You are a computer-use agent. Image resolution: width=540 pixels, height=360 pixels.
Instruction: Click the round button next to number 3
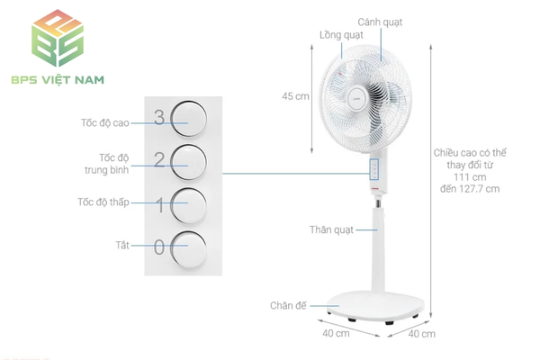[x=189, y=118]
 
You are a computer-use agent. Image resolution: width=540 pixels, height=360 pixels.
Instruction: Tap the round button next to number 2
[x=189, y=162]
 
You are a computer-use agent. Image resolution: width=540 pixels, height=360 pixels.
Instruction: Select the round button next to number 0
[x=189, y=249]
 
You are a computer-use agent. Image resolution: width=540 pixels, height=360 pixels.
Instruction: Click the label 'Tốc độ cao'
[x=105, y=123]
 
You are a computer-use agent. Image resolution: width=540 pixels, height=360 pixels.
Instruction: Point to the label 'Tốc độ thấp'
[x=103, y=202]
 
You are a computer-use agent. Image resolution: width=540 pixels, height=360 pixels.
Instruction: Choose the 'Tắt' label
[x=122, y=245]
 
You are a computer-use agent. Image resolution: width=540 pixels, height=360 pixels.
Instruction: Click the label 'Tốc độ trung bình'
[x=107, y=164]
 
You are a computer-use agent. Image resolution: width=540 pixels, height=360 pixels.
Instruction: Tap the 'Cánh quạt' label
[x=380, y=22]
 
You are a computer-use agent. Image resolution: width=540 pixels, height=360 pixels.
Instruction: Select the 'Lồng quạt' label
[x=341, y=35]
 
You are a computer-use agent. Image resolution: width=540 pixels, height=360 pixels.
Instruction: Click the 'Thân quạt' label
[x=331, y=229]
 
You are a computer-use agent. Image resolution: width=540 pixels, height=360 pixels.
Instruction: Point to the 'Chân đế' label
[x=288, y=306]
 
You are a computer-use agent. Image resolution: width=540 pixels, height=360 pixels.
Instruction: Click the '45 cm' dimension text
[x=295, y=96]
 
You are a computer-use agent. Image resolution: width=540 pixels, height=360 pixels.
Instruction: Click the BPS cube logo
[x=58, y=38]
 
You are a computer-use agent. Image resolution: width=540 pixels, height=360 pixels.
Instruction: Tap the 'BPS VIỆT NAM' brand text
[x=58, y=80]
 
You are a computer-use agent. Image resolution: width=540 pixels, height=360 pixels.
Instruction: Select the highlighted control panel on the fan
[x=374, y=169]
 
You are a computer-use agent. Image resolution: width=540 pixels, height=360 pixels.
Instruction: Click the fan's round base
[x=375, y=306]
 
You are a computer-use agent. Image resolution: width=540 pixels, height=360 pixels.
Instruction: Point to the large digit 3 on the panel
[x=159, y=118]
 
